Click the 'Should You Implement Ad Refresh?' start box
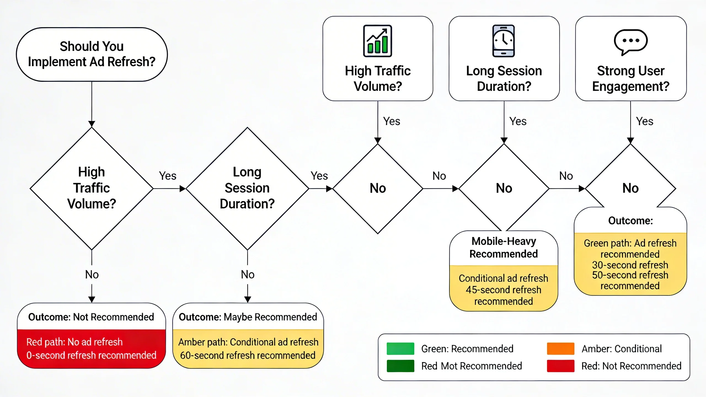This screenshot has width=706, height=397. point(92,54)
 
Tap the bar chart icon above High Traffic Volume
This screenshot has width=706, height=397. point(377,41)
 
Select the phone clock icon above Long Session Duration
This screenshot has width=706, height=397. point(504,41)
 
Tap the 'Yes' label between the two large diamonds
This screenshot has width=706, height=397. point(167,176)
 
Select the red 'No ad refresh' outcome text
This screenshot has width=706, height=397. point(74,342)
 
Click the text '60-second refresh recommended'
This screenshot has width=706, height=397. point(248,355)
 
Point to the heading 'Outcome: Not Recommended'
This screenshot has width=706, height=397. point(91,317)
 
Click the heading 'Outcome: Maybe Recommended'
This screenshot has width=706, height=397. point(248,317)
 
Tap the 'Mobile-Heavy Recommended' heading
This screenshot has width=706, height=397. point(504,247)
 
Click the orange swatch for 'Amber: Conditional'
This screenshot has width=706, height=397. point(560,349)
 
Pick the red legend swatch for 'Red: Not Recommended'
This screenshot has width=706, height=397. point(560,366)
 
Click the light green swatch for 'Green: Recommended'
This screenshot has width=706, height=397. point(400,349)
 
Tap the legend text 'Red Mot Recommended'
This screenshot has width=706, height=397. point(472,366)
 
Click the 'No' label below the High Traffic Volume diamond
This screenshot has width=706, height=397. point(92,275)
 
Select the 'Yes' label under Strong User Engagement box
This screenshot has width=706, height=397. point(645,121)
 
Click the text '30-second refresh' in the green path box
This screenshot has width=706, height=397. point(630,265)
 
